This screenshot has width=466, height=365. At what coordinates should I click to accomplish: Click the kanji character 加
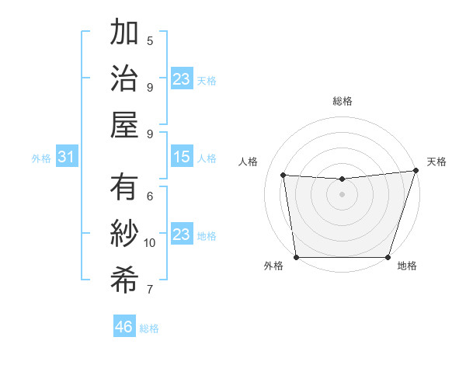click(124, 33)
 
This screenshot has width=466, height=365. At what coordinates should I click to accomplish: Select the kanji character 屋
click(124, 123)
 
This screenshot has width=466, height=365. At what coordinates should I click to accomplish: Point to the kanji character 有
click(124, 188)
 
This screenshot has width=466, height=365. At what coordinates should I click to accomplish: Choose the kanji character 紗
click(124, 234)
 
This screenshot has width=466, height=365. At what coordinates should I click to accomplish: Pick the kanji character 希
click(124, 280)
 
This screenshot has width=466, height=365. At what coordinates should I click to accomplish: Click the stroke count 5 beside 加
click(150, 40)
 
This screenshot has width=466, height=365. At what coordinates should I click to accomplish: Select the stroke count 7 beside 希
click(150, 290)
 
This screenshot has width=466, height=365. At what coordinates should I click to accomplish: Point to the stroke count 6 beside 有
click(150, 196)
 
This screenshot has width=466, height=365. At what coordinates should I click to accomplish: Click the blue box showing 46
click(124, 327)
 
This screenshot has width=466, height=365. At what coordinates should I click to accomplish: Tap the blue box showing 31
click(67, 158)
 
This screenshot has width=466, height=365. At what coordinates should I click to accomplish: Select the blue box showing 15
click(181, 158)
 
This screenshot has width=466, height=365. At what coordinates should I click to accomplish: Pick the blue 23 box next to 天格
click(181, 79)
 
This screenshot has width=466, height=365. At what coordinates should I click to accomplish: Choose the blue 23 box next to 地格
click(181, 235)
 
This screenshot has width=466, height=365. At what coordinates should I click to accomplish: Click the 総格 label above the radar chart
click(342, 101)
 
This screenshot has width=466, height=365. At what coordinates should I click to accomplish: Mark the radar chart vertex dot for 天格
click(416, 171)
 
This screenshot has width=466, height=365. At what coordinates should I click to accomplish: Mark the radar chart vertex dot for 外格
click(296, 257)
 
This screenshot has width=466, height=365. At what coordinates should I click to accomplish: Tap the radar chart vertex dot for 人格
click(283, 176)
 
